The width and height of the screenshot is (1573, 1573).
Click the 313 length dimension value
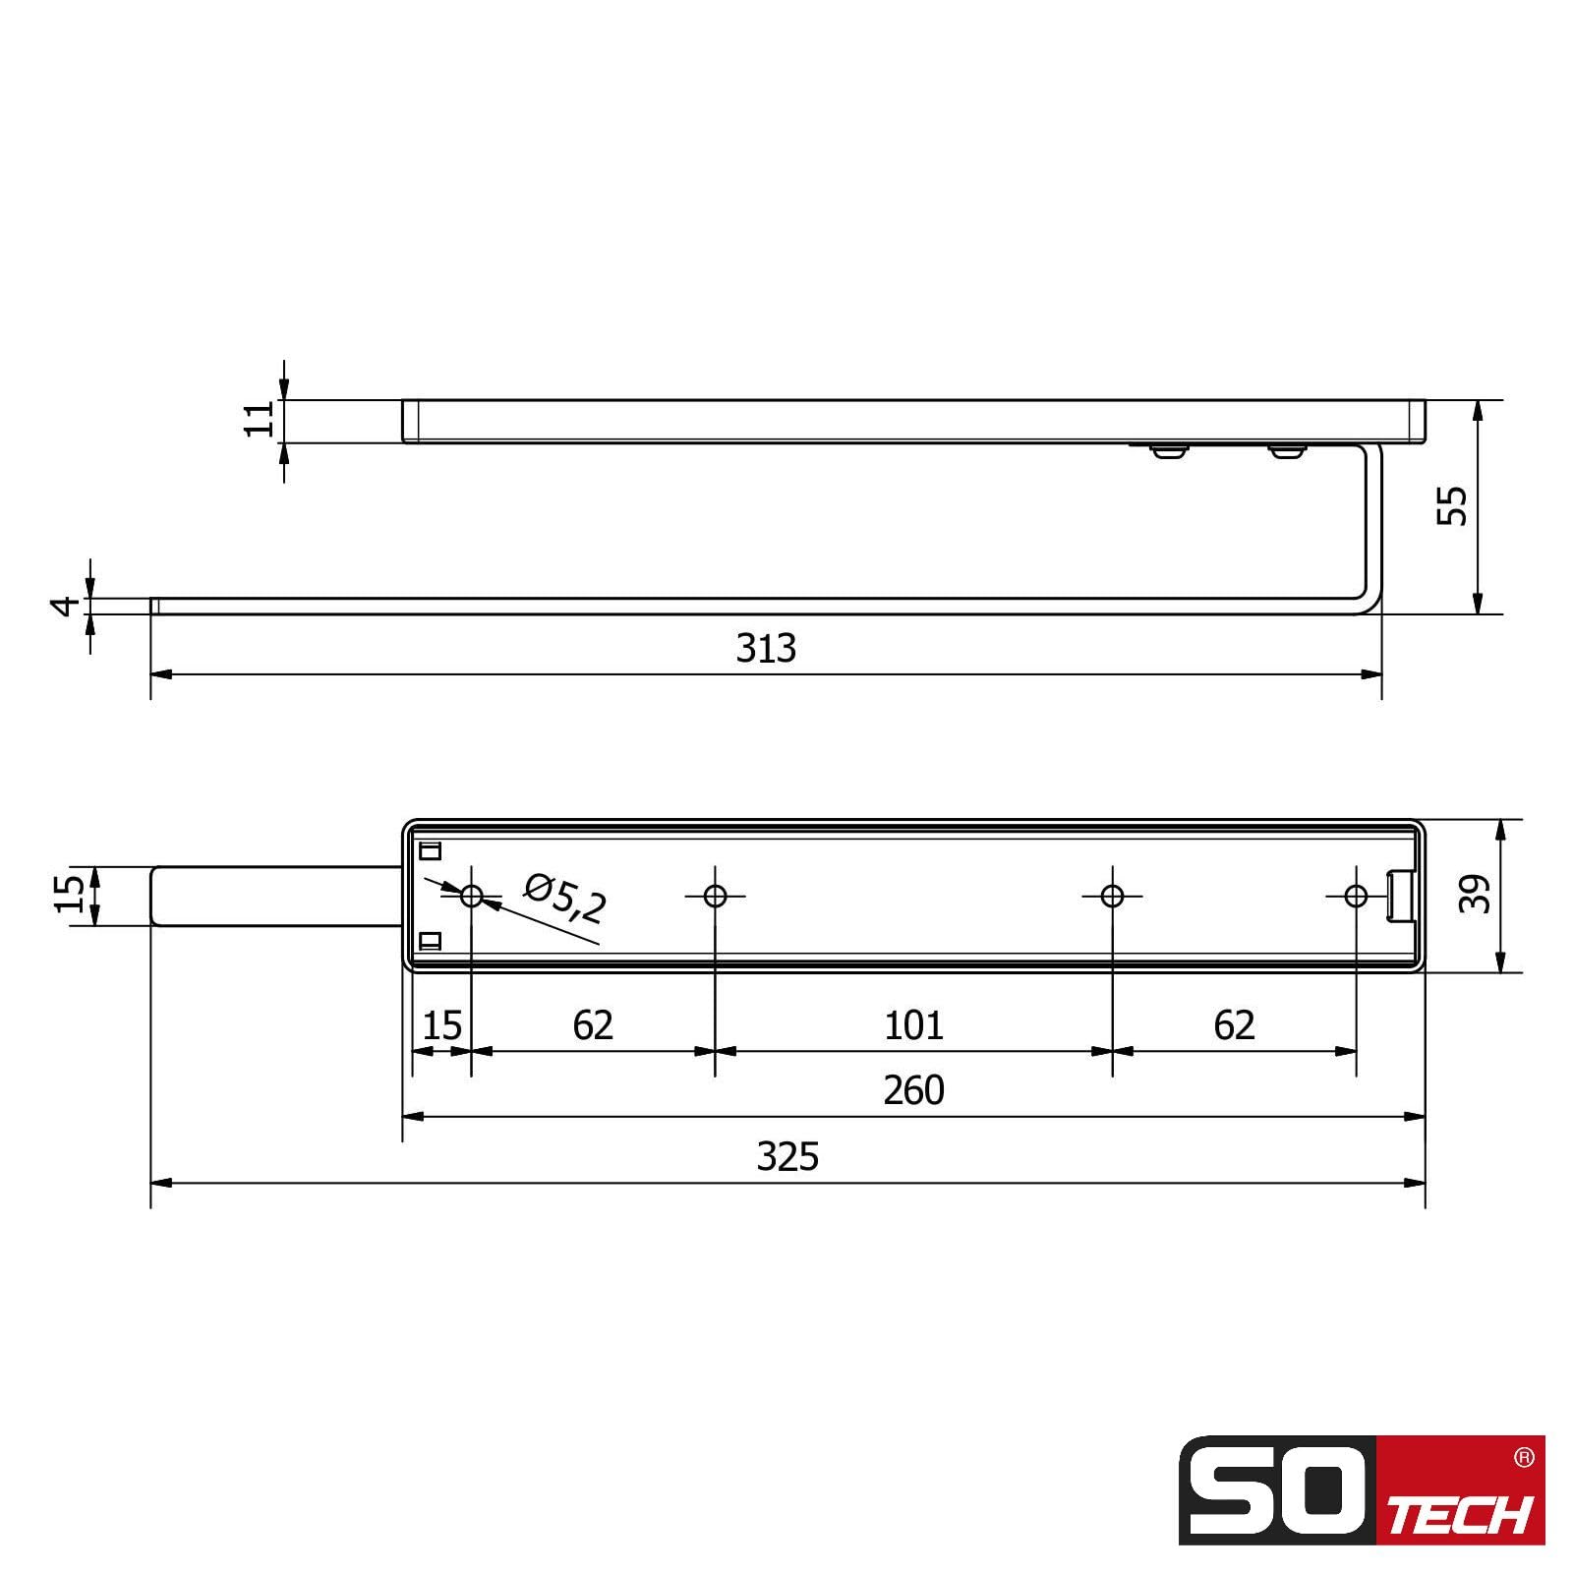coord(766,649)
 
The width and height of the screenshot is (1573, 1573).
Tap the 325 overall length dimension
coord(787,1157)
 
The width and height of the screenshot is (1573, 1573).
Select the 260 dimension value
coord(913,1090)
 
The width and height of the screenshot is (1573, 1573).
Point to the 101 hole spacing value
coord(913,1025)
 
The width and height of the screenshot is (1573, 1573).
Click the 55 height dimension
coord(1452,505)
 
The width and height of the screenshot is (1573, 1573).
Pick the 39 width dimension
coord(1475,894)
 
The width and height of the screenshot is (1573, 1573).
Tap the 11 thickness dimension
coord(260,420)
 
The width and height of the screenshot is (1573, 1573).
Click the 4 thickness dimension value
coord(66,606)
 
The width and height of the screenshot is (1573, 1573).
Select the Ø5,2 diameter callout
coord(564,900)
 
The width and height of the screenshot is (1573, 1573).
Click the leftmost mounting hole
coord(472,896)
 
